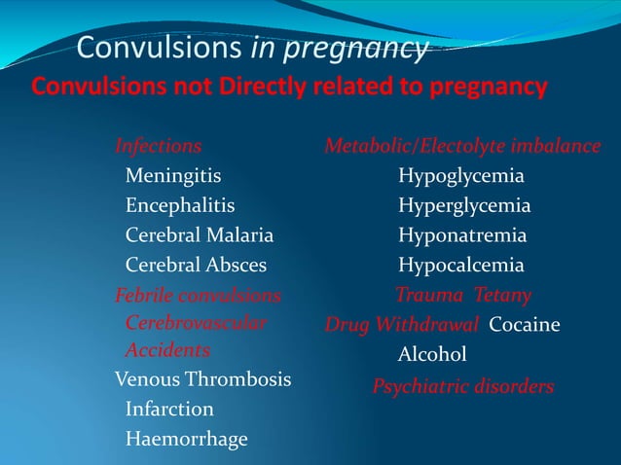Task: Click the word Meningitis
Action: (173, 176)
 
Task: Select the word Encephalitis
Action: (180, 206)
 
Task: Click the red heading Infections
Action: (159, 147)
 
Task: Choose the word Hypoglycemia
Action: (461, 176)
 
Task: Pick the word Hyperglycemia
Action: (464, 206)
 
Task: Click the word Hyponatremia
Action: (462, 235)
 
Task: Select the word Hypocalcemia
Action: (461, 265)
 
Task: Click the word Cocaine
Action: (525, 324)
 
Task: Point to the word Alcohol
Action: (432, 355)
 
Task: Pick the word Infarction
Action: (169, 409)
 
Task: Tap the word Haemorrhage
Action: (187, 439)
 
